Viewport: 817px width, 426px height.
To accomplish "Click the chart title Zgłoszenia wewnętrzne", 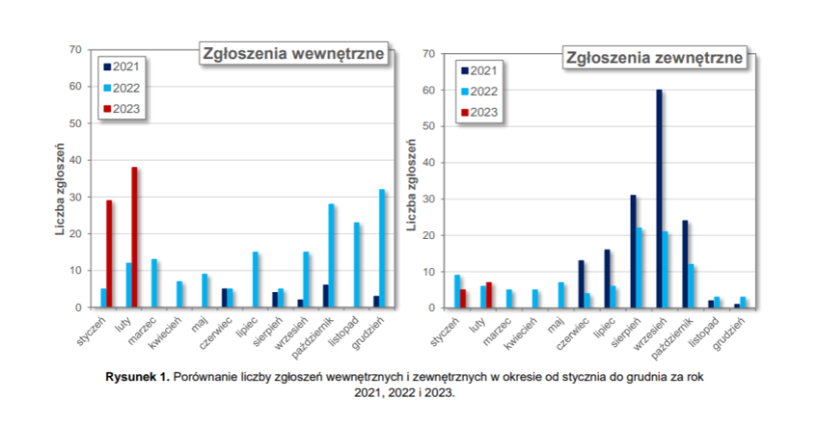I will point(294,53).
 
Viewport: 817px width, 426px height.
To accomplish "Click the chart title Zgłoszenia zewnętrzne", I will point(655,58).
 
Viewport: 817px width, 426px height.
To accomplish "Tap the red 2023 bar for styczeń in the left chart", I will point(110,254).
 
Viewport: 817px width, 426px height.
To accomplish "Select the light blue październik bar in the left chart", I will point(332,255).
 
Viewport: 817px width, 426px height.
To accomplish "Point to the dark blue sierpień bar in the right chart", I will point(634,252).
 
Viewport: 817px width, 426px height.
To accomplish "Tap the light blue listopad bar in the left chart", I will point(357,265).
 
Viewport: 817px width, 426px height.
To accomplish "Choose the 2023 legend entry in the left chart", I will point(122,108).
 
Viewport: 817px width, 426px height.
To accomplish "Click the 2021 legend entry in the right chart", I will point(479,70).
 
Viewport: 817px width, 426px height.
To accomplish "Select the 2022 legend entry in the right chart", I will point(479,92).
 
